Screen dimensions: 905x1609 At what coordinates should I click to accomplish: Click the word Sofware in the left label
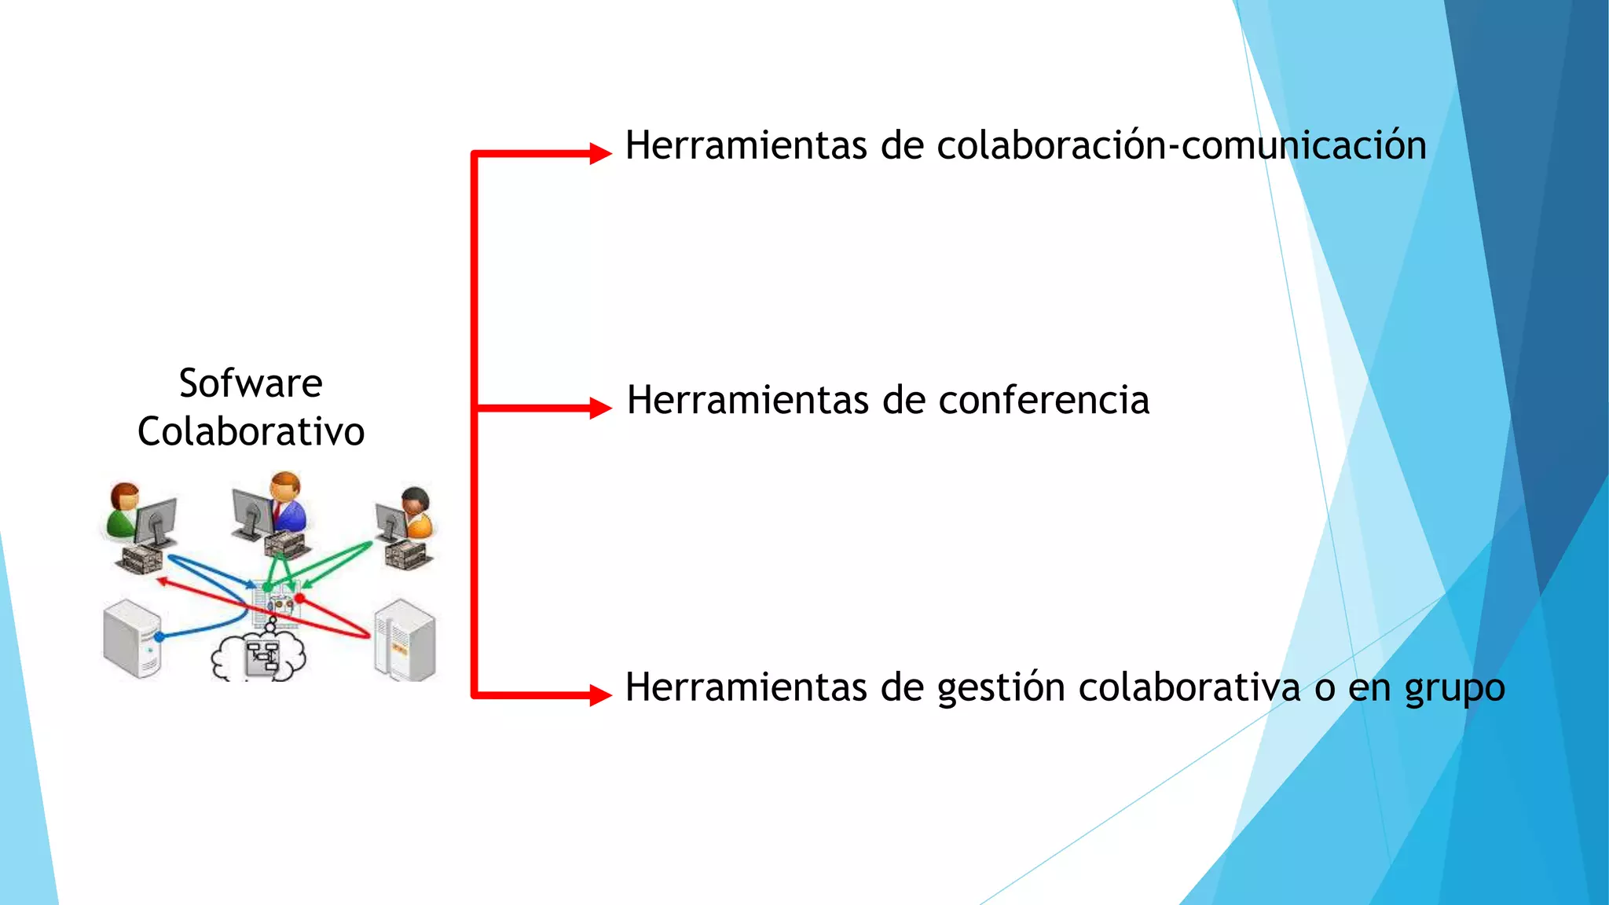pos(251,383)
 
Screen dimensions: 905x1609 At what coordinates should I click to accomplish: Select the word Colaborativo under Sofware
pos(251,431)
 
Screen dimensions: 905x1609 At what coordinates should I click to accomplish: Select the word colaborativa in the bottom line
pos(1189,687)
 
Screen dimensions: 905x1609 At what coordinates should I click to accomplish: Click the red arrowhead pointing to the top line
pos(599,152)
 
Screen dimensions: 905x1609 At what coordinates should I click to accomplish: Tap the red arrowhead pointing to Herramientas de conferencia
pos(599,408)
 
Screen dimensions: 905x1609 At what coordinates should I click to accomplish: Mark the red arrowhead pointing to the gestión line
pos(599,694)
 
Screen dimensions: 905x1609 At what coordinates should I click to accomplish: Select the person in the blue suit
pos(287,503)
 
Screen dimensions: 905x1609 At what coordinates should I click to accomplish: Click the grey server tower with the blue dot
pos(131,638)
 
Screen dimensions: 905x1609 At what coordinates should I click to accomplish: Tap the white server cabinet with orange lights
pos(404,640)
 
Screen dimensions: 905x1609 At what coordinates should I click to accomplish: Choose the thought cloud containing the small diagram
pos(258,655)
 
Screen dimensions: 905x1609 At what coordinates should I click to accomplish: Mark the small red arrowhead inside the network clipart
pos(161,581)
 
